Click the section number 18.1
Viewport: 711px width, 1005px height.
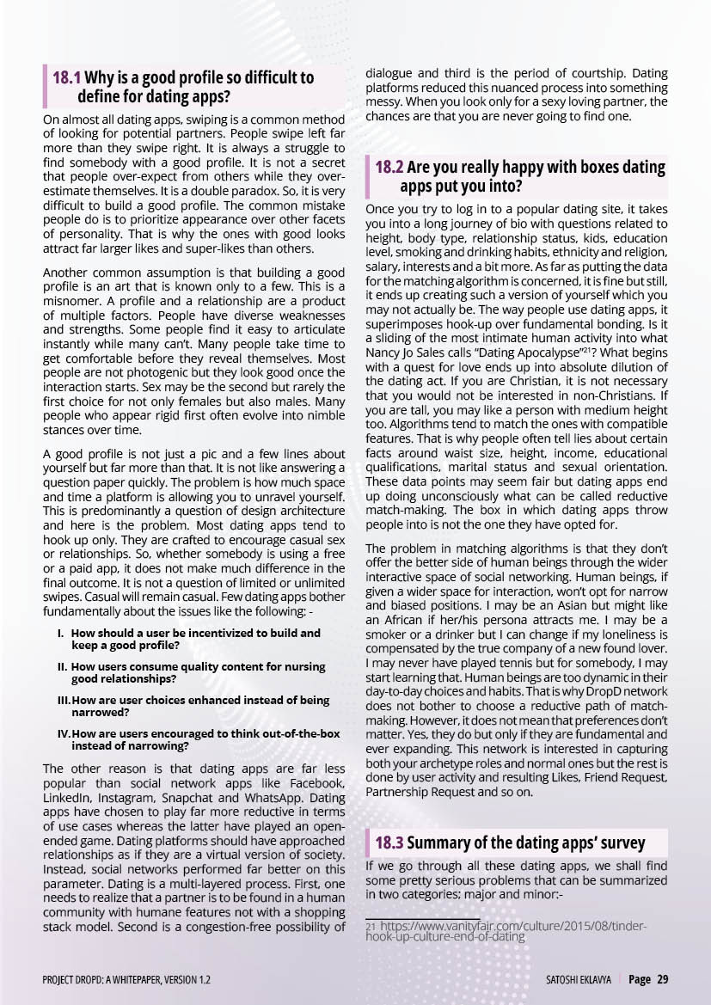pyautogui.click(x=67, y=78)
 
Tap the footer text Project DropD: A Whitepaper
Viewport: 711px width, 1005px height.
pyautogui.click(x=126, y=979)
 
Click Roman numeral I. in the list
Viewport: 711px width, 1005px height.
pyautogui.click(x=61, y=633)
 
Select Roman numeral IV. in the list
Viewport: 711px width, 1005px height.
pyautogui.click(x=63, y=733)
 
